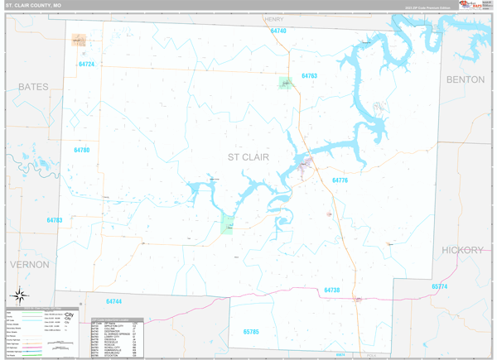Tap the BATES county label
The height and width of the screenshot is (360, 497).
click(x=33, y=86)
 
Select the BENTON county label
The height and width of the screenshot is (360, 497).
click(x=465, y=79)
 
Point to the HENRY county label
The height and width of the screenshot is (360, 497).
click(x=273, y=18)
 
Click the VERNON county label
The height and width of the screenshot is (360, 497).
click(x=30, y=264)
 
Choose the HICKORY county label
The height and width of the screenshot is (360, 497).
click(x=462, y=250)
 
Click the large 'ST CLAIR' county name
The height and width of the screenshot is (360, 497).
click(x=248, y=156)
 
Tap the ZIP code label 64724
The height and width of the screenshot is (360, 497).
click(x=87, y=65)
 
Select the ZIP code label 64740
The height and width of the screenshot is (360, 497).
click(x=278, y=31)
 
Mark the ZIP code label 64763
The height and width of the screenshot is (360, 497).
click(x=309, y=76)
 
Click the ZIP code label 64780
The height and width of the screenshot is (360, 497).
click(x=81, y=151)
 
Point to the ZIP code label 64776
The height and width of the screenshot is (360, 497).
click(x=340, y=180)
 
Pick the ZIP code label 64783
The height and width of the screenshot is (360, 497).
click(x=55, y=220)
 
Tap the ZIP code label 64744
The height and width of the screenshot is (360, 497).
click(x=113, y=302)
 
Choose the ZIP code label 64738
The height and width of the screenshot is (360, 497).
click(x=331, y=290)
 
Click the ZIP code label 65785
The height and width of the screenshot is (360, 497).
click(x=251, y=332)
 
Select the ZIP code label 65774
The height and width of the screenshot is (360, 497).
click(x=439, y=286)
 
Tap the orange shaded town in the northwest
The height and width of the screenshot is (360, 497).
click(x=79, y=40)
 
